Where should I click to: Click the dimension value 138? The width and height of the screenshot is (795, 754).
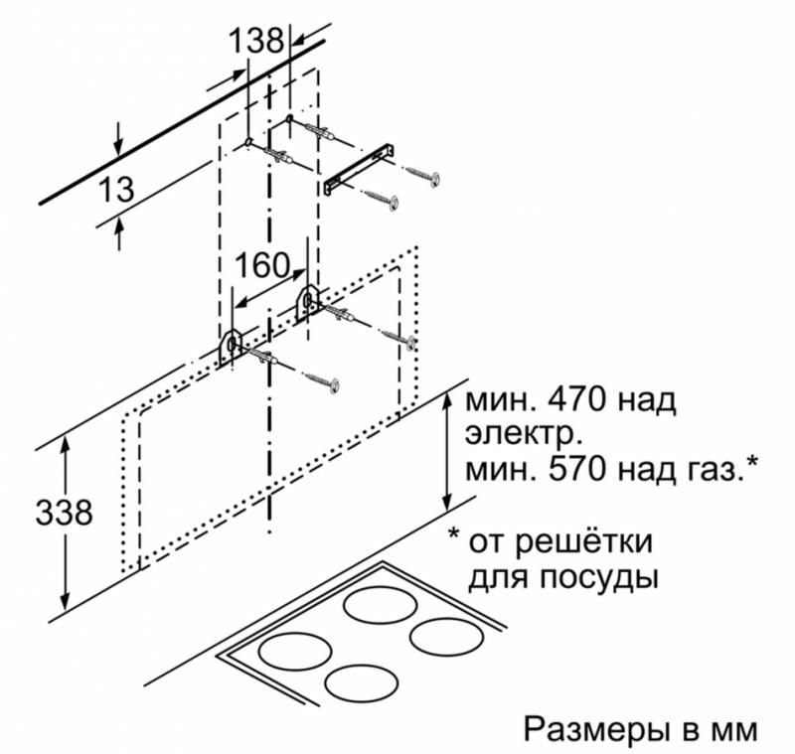pyautogui.click(x=256, y=40)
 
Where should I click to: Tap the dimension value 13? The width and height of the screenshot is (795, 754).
pyautogui.click(x=116, y=189)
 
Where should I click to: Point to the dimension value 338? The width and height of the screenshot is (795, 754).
pyautogui.click(x=65, y=512)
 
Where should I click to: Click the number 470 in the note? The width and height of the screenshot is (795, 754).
pyautogui.click(x=576, y=399)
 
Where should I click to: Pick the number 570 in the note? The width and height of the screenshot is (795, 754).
pyautogui.click(x=576, y=469)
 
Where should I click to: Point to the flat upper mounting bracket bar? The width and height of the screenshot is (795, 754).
pyautogui.click(x=360, y=168)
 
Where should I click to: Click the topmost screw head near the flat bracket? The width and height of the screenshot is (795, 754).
pyautogui.click(x=434, y=179)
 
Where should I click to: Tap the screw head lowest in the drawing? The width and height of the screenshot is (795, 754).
pyautogui.click(x=333, y=385)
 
